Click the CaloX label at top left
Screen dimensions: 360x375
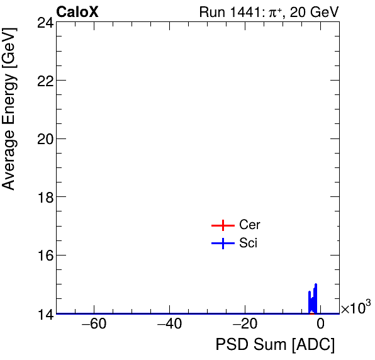[x=77, y=12]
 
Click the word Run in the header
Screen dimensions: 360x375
[x=211, y=12]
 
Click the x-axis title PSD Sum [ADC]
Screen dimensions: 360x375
[x=275, y=345]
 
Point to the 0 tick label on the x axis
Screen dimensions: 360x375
[x=320, y=325]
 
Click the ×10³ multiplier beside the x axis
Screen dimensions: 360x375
[x=355, y=308]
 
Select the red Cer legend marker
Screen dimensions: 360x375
[x=222, y=225]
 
